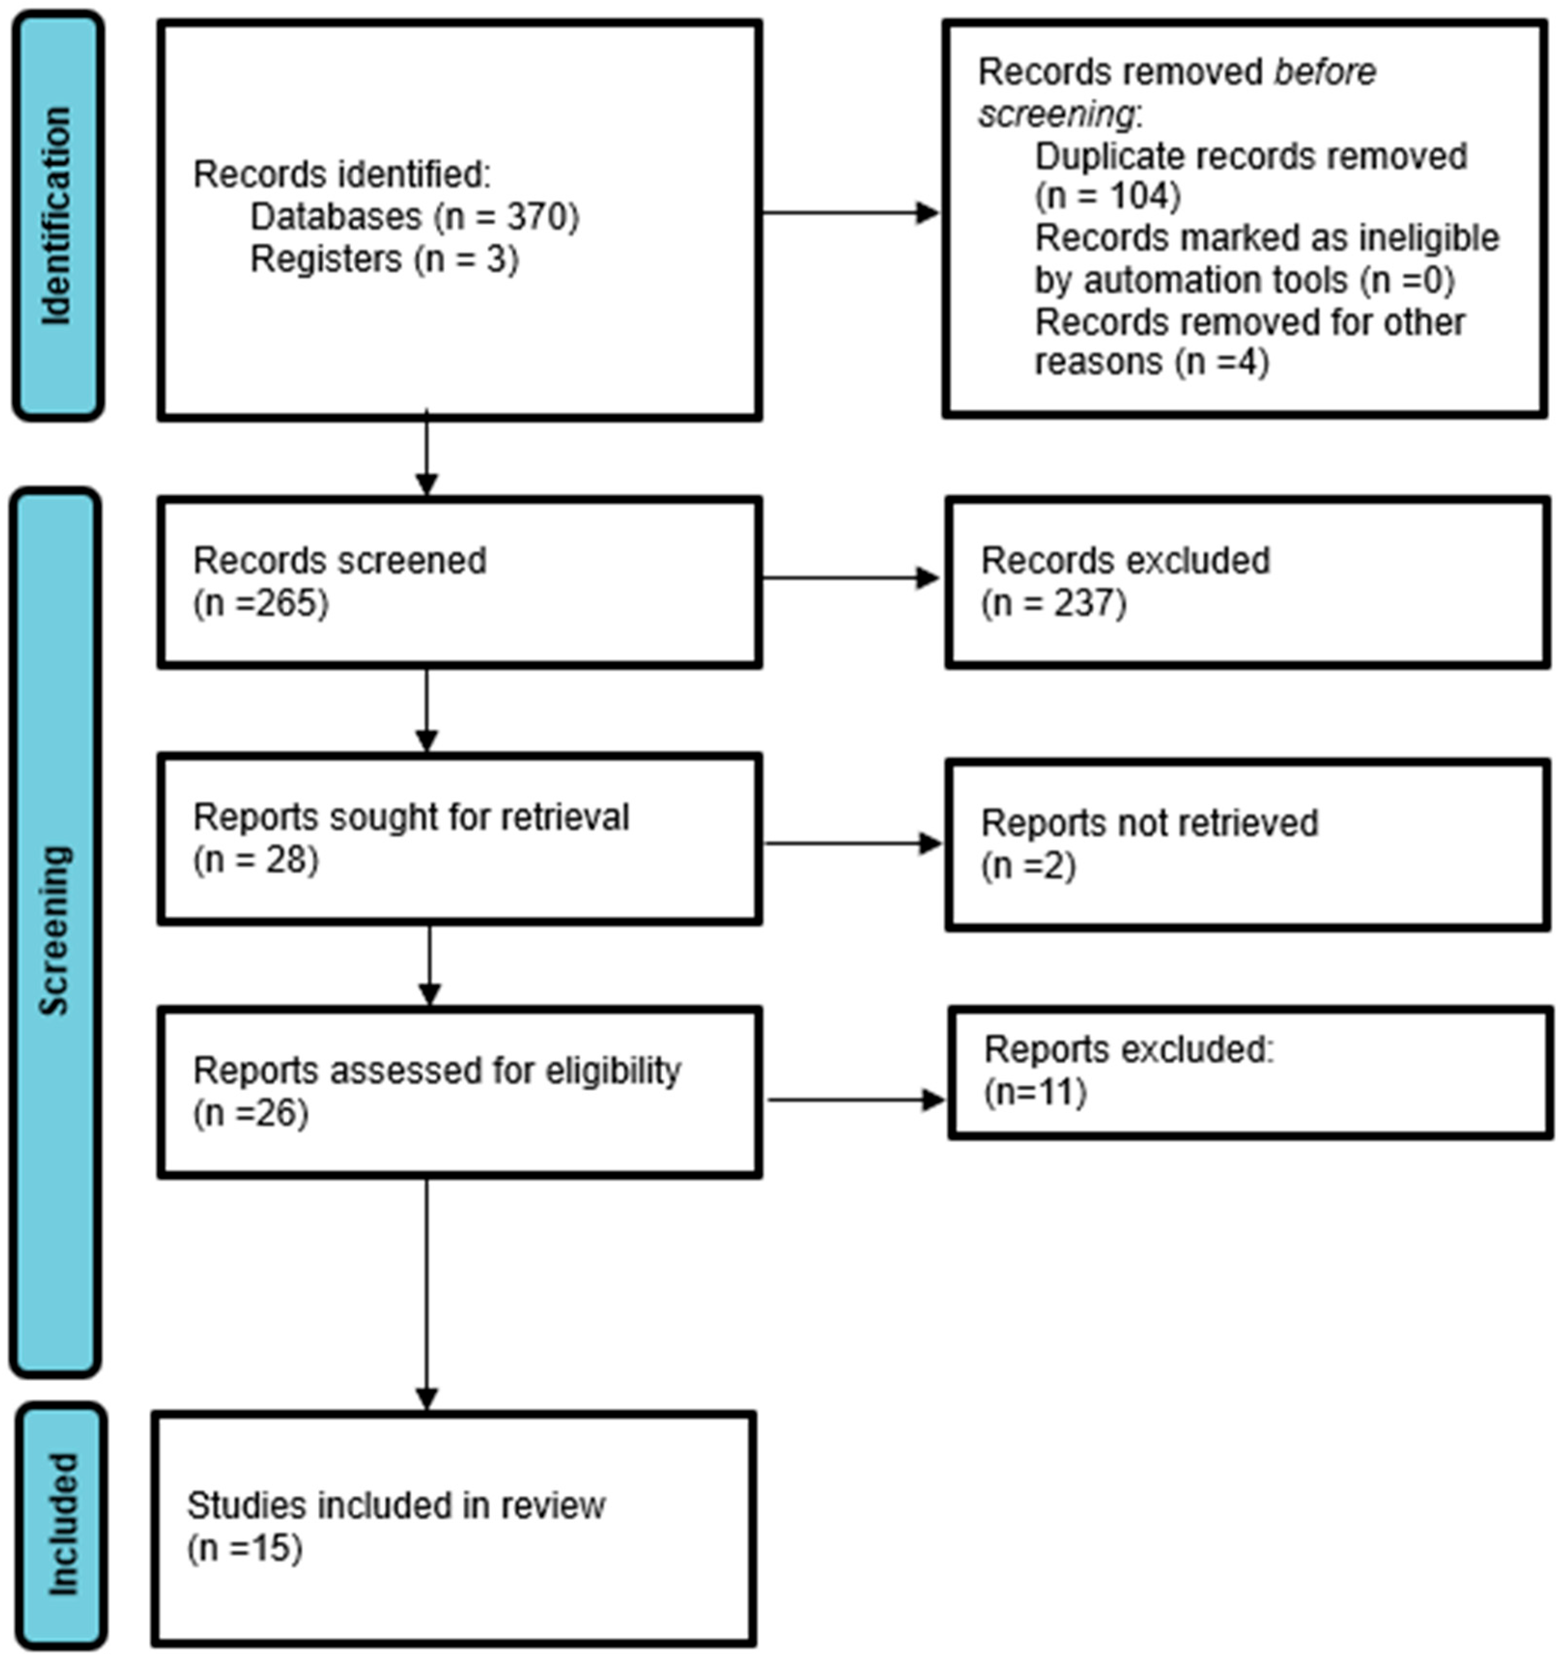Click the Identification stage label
[57, 215]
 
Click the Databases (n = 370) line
[414, 217]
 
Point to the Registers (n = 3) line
[384, 260]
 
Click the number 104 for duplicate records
[1139, 196]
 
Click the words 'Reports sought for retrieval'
[411, 817]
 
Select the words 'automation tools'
[1215, 279]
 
